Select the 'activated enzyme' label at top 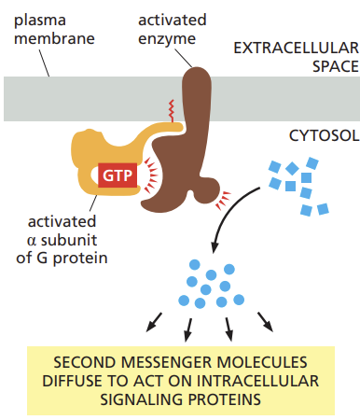[x=171, y=27]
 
